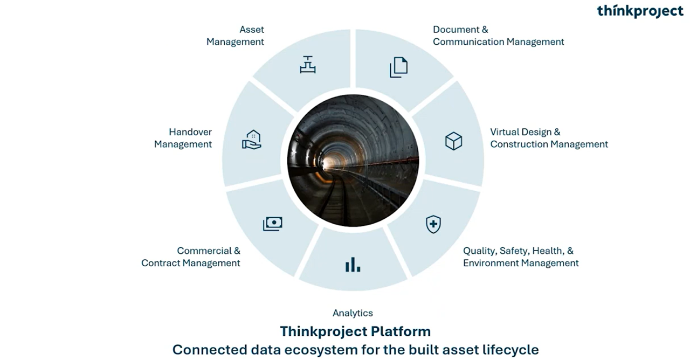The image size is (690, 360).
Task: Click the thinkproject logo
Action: (x=640, y=11)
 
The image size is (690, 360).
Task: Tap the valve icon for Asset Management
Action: (x=308, y=65)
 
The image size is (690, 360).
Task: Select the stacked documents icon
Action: (x=398, y=67)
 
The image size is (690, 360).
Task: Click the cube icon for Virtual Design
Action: (x=454, y=141)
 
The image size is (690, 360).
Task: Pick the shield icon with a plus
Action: (x=433, y=224)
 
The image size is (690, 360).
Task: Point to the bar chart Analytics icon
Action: (x=353, y=265)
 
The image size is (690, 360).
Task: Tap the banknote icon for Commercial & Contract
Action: (x=273, y=224)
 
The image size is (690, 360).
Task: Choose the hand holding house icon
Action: (x=252, y=140)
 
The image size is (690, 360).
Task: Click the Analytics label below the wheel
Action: (x=353, y=313)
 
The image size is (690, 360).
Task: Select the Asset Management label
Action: (x=236, y=36)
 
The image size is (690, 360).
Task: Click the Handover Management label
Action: (x=183, y=139)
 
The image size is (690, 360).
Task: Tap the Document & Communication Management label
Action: (x=499, y=36)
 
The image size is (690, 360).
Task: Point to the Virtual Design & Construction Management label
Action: (x=549, y=139)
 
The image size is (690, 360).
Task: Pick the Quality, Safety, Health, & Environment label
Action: (x=521, y=257)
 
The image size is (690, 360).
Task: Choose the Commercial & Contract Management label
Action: (x=191, y=257)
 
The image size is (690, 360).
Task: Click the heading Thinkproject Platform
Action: (x=355, y=331)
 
